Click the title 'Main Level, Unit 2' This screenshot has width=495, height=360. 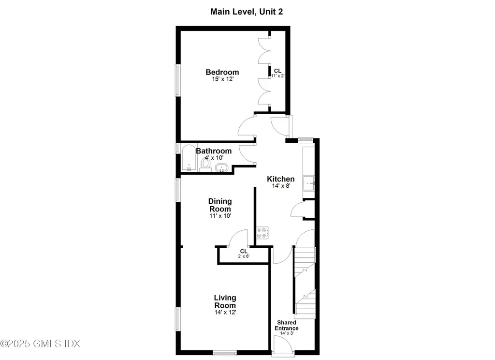point(247,12)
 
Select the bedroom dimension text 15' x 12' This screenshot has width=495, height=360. point(222,79)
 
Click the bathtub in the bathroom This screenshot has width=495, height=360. point(187,158)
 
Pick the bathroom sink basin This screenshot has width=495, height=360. point(222,168)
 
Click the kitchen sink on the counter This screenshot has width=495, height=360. point(308,183)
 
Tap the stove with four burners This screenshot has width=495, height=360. point(262,233)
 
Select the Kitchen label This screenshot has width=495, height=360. point(281,179)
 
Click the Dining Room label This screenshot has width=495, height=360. point(220,205)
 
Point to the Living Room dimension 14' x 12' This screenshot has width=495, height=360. point(225,313)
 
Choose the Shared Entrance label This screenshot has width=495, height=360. point(287,326)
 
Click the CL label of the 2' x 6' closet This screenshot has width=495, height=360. point(244,252)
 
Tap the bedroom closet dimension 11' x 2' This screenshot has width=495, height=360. point(277,76)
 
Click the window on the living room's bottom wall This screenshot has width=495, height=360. point(225,352)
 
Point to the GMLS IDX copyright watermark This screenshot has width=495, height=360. point(40,344)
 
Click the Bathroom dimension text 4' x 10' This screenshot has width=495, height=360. point(214,158)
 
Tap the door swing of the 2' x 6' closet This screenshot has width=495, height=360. point(238,239)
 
